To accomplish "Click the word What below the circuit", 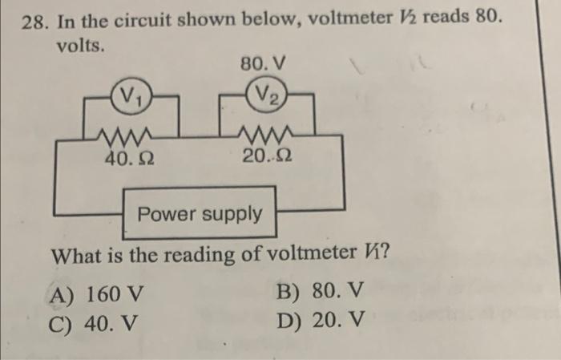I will coord(79,258).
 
